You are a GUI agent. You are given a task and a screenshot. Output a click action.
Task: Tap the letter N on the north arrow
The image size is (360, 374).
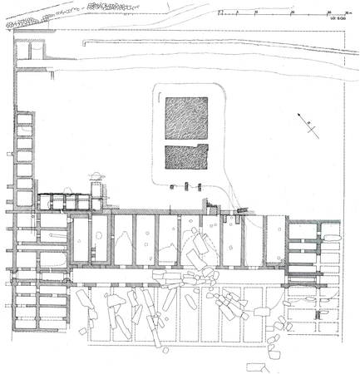(307, 124)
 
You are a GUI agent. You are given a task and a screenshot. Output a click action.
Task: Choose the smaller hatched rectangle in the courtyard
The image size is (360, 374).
(185, 157)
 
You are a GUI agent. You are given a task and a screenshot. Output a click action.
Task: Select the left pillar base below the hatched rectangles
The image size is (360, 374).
(173, 187)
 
